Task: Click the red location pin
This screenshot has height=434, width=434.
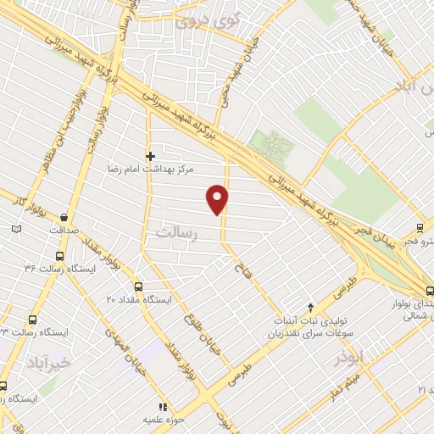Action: point(218,198)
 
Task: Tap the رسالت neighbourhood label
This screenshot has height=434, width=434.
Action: point(175,233)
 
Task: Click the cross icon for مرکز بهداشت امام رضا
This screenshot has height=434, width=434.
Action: point(151,156)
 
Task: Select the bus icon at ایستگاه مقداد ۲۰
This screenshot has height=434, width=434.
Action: point(138,287)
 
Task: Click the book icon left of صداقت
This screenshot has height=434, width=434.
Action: point(17,229)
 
